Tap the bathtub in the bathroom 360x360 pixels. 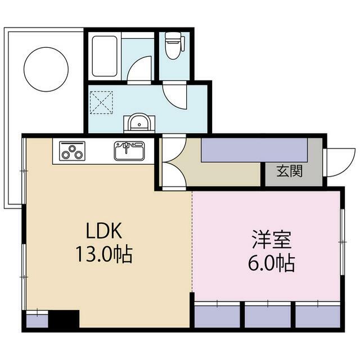click(105, 56)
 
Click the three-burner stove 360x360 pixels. click(72, 151)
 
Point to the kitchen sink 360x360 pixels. click(129, 151)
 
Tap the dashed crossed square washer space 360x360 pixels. click(101, 102)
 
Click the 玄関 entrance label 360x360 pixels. click(289, 171)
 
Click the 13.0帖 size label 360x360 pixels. click(104, 254)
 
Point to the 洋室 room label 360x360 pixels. click(272, 239)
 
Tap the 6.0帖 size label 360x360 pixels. click(271, 263)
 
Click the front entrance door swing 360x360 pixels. click(339, 163)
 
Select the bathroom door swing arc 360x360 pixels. click(139, 68)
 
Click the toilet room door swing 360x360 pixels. click(174, 95)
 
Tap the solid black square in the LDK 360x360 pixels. click(64, 319)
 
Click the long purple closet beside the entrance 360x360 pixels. click(254, 150)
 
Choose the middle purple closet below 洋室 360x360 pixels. click(268, 317)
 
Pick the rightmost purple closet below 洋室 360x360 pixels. click(317, 317)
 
